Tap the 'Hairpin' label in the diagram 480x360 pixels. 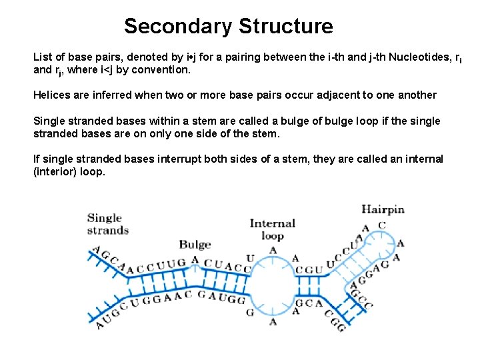383,209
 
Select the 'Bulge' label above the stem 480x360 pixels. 195,245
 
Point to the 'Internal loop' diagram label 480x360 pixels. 272,229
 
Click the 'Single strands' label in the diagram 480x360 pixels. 107,224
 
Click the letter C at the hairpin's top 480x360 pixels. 382,225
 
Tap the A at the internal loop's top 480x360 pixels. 273,251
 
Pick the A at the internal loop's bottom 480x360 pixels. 273,321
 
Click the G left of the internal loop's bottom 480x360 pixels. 250,312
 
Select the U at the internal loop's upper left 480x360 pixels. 250,258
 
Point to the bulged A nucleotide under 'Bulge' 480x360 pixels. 195,261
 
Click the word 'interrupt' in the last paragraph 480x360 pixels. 181,159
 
